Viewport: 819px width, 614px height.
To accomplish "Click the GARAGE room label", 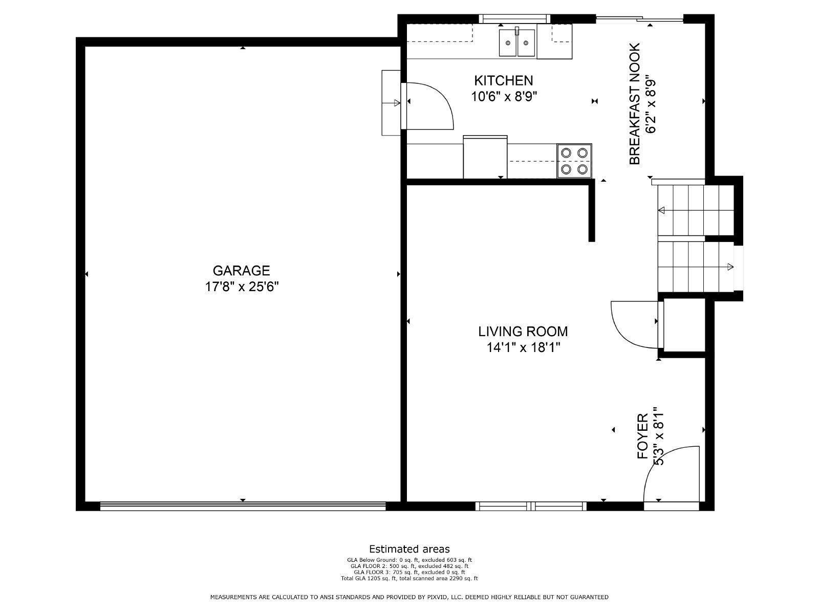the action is tap(242, 271).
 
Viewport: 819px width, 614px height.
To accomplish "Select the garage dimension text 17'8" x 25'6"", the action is tap(242, 287).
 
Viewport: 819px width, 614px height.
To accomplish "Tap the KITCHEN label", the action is tap(503, 80).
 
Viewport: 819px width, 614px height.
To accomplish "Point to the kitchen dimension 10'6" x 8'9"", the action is tap(504, 97).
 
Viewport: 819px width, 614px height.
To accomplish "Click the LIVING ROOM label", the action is tap(523, 332).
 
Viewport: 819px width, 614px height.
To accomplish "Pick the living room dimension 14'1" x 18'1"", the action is tap(523, 348).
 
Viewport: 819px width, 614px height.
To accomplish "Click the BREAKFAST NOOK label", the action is tap(635, 104).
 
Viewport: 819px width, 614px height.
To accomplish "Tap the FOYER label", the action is tap(642, 436).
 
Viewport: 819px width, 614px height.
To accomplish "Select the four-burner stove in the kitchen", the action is tap(574, 161).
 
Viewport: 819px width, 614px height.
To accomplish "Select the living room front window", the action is tap(531, 506).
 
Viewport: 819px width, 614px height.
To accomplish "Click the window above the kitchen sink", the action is tap(514, 18).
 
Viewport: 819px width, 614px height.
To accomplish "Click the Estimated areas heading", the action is tap(409, 549).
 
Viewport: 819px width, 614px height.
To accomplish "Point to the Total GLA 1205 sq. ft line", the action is tap(409, 579).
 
